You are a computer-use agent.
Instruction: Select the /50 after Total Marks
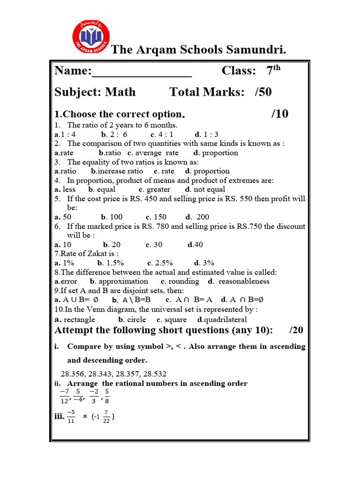pos(263,92)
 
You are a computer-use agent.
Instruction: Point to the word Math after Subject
pos(120,92)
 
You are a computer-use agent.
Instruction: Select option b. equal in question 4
pos(102,189)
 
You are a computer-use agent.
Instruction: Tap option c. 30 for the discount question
pos(154,245)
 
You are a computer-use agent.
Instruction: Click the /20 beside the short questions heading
pos(296,330)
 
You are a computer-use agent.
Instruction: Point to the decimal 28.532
pos(152,374)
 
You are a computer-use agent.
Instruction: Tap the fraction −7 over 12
pos(64,396)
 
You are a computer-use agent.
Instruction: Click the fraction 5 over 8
pos(107,396)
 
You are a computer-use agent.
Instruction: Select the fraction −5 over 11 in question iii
pos(71,415)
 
